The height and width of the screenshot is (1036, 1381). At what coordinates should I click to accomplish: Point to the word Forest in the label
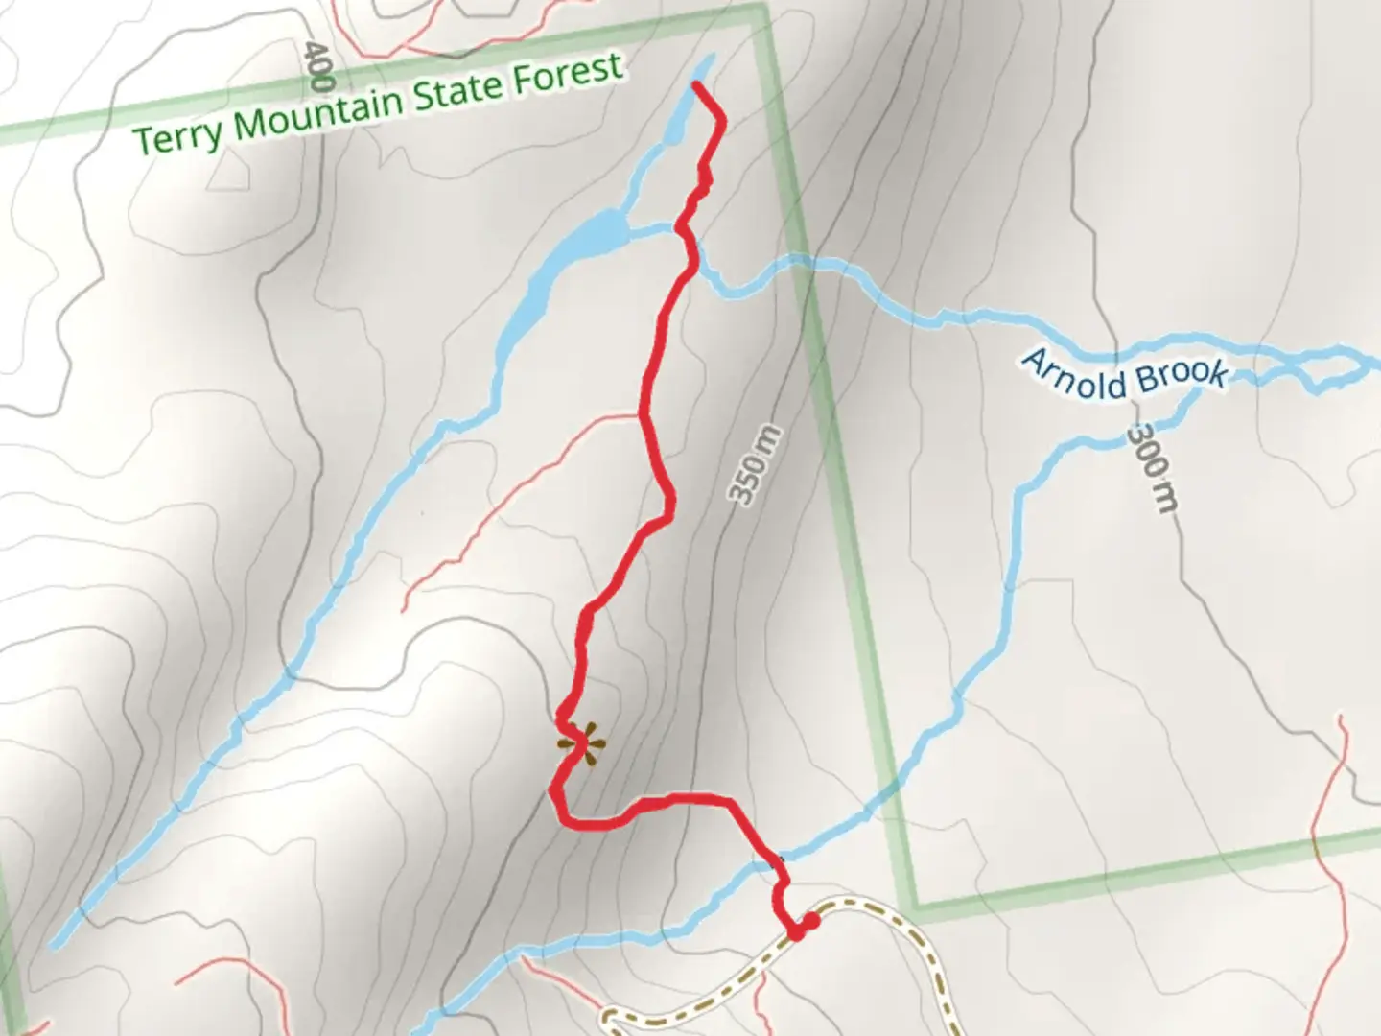coord(567,73)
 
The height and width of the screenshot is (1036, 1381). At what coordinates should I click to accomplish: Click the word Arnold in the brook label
coord(1073,373)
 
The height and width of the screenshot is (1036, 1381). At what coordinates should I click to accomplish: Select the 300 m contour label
coord(1151,469)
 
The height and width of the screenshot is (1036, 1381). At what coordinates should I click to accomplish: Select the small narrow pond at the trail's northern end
coord(699,82)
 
